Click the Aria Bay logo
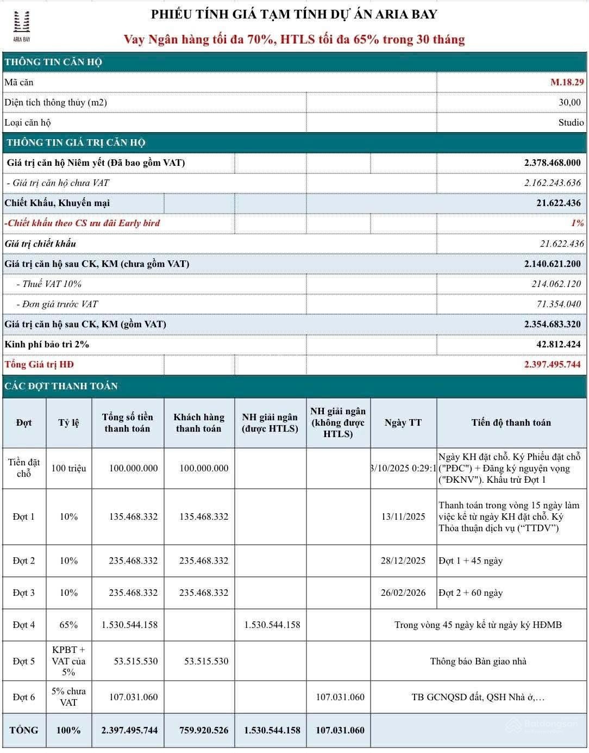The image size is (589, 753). (x=22, y=25)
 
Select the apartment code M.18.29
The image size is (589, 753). (x=567, y=82)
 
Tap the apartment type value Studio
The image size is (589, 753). (x=571, y=122)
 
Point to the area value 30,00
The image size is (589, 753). (x=569, y=102)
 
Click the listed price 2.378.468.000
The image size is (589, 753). (x=552, y=163)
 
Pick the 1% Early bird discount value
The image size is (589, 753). (x=577, y=223)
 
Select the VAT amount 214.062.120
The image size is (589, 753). (x=556, y=284)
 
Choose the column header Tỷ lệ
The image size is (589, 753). (x=68, y=422)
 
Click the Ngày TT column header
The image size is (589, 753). (x=403, y=422)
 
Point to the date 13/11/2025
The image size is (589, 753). (x=403, y=516)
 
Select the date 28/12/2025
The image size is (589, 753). (x=403, y=561)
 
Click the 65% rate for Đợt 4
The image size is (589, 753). (x=68, y=625)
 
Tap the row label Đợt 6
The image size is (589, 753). (x=24, y=697)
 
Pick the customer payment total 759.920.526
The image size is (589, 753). (x=204, y=730)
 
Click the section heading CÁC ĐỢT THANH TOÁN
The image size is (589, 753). (x=61, y=386)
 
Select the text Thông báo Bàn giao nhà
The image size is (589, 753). (x=478, y=661)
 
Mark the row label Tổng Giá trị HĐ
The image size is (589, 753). (x=39, y=364)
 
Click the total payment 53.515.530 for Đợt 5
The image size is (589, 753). (x=135, y=661)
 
